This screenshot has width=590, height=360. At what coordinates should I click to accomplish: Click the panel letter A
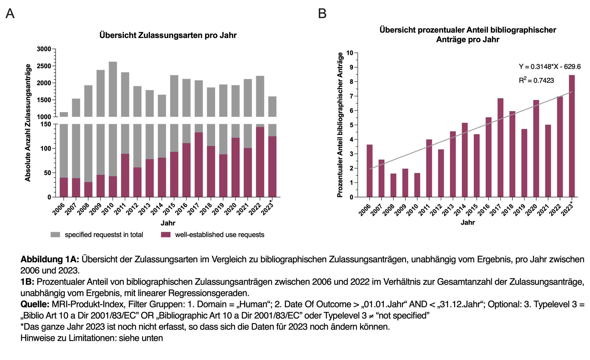pyautogui.click(x=10, y=13)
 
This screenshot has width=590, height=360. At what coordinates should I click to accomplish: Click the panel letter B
pyautogui.click(x=322, y=13)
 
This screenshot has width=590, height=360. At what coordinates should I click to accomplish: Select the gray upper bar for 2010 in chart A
pyautogui.click(x=113, y=89)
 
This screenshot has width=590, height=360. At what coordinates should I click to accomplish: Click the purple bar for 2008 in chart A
pyautogui.click(x=88, y=189)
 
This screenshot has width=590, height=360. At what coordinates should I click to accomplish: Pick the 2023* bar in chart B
pyautogui.click(x=572, y=136)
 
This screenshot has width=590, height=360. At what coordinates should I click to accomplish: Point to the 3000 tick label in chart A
pyautogui.click(x=44, y=49)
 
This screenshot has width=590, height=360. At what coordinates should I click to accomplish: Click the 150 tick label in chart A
pyautogui.click(x=45, y=124)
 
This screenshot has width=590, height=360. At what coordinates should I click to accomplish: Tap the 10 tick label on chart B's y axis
pyautogui.click(x=349, y=53)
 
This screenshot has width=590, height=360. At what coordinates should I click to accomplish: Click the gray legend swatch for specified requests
pyautogui.click(x=55, y=235)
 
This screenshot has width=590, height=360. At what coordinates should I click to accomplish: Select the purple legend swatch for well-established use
pyautogui.click(x=166, y=235)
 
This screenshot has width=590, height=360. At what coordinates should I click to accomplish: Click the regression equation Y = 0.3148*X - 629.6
pyautogui.click(x=550, y=66)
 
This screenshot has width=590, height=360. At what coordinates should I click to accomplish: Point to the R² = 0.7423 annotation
pyautogui.click(x=536, y=80)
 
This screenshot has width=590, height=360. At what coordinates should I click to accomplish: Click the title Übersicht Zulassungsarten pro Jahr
pyautogui.click(x=168, y=35)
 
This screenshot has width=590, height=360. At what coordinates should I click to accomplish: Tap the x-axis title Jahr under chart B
pyautogui.click(x=468, y=223)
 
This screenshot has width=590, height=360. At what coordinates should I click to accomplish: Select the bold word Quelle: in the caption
pyautogui.click(x=35, y=304)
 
